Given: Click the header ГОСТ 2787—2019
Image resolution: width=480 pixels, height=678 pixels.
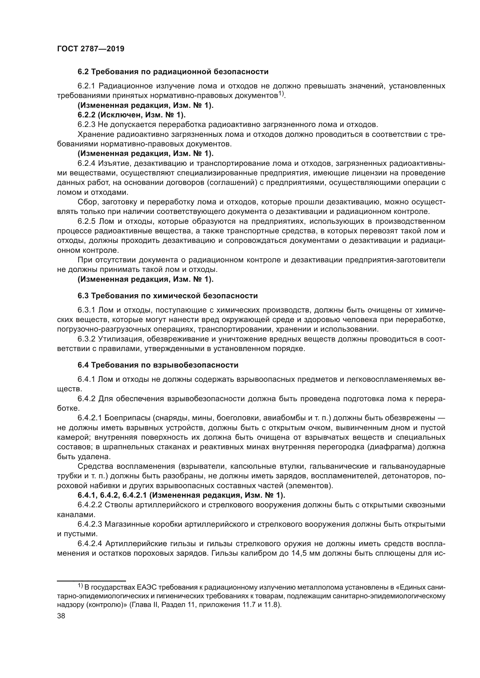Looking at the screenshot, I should pyautogui.click(x=91, y=49).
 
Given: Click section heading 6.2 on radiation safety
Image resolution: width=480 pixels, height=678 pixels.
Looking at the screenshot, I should pyautogui.click(x=173, y=72).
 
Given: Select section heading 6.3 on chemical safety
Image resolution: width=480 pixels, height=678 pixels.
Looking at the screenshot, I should pyautogui.click(x=167, y=296).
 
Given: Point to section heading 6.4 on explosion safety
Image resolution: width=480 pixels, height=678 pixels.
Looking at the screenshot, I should pyautogui.click(x=158, y=365).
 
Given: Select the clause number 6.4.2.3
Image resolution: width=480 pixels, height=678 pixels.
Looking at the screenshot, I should pyautogui.click(x=90, y=524).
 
